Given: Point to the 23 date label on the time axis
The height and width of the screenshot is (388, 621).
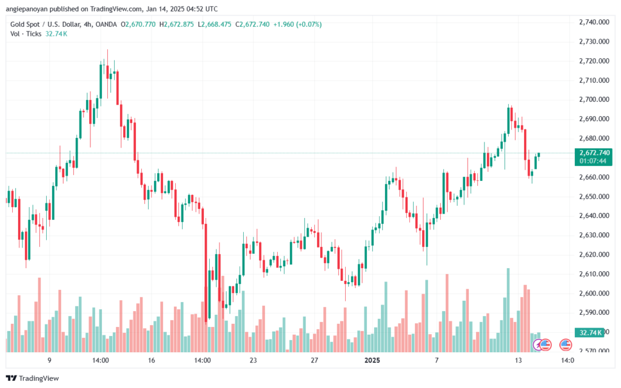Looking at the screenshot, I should tap(253, 360).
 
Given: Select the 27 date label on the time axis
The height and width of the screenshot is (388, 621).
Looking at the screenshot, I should tap(315, 360).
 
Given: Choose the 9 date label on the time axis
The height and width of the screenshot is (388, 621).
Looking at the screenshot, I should tap(49, 360).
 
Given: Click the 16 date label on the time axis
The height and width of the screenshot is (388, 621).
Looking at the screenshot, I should tap(152, 360).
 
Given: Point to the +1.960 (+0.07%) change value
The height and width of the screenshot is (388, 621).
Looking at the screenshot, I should tap(297, 24).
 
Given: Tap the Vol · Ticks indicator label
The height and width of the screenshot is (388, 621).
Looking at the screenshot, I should tap(26, 34).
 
